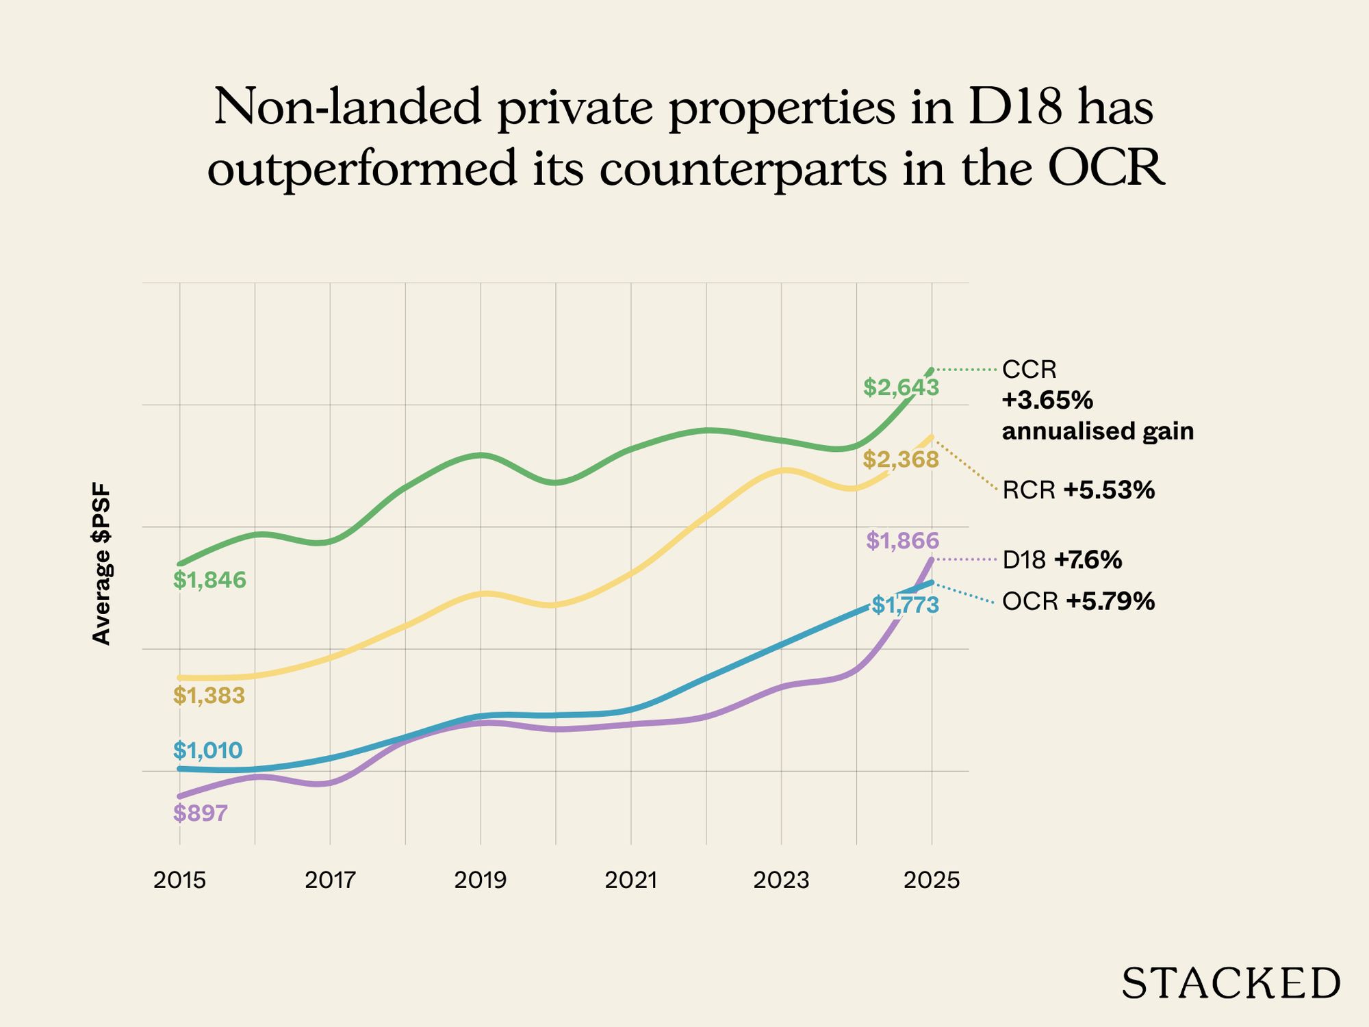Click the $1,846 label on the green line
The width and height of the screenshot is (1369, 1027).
click(209, 581)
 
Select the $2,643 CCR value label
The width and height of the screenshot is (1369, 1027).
click(901, 388)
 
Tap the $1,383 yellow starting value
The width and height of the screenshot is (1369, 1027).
click(209, 696)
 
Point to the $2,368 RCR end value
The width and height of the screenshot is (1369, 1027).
click(901, 459)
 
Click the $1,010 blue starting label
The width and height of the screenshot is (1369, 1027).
click(207, 750)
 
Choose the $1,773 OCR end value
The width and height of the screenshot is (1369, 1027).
click(905, 605)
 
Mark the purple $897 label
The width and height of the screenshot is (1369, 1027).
click(200, 813)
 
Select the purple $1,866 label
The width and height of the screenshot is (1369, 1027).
click(902, 542)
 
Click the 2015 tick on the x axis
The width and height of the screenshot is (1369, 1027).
click(179, 880)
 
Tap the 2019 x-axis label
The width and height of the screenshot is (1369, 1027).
click(480, 880)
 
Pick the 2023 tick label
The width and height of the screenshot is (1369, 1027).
click(781, 880)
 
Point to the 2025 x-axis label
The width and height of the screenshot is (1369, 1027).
click(932, 880)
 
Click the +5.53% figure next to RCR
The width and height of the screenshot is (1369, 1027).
click(1109, 490)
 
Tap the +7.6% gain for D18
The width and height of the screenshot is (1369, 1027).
click(1088, 560)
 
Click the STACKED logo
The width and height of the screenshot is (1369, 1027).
click(1231, 984)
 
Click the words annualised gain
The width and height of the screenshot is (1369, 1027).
click(1098, 431)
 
